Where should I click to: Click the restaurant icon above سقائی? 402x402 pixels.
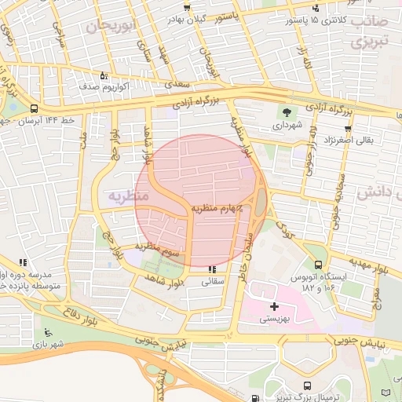click(x=210, y=269)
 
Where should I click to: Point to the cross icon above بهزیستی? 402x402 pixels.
click(x=273, y=305)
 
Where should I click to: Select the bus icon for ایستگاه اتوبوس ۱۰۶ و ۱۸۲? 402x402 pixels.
click(x=318, y=265)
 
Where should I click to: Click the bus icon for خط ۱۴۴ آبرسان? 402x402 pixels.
click(x=34, y=108)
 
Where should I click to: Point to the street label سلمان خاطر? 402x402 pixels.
click(x=244, y=246)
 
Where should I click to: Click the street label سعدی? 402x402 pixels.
click(x=173, y=83)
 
